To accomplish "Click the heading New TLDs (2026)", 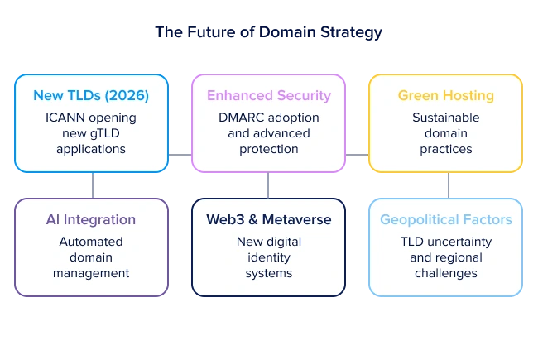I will pos(91,96).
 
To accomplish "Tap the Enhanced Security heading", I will pos(269,96).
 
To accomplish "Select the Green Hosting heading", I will pos(445,96).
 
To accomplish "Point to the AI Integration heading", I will pos(91,220).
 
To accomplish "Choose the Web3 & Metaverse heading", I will pos(269,220).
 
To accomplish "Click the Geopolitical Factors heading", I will pos(445,220).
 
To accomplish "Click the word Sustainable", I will pos(445,118).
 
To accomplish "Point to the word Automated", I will pos(91,242).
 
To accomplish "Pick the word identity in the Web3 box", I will pos(269,257).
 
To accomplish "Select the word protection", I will pos(269,149).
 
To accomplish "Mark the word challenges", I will pos(445,273).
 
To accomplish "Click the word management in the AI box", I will pos(91,273).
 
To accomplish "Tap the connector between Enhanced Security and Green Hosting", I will pos(357,155).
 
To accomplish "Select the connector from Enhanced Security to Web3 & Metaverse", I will pos(268,185).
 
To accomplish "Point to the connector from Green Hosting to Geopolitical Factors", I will pos(445,185).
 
